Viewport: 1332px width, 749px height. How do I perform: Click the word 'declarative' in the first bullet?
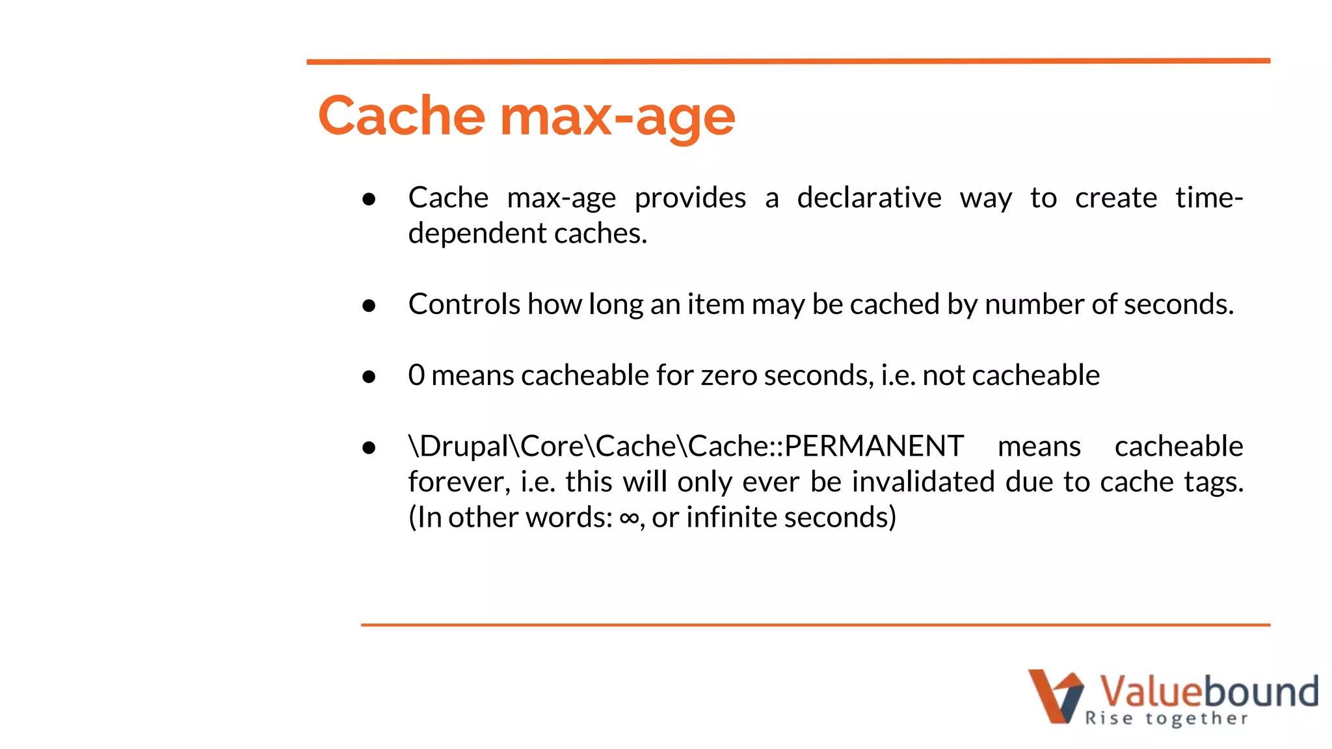click(869, 198)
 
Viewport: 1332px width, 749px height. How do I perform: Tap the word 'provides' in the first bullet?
click(690, 198)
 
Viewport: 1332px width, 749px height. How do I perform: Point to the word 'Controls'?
click(464, 304)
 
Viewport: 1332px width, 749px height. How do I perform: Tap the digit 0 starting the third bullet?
click(416, 375)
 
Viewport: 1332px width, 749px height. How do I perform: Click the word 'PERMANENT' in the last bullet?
click(873, 446)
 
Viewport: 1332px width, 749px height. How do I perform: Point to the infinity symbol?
click(628, 518)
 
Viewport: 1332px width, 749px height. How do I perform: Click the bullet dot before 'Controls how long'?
click(369, 305)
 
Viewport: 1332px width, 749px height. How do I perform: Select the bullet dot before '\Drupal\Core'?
click(369, 447)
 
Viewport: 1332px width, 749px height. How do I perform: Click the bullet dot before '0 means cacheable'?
click(369, 376)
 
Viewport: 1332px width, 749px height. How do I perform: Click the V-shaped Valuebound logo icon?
click(1056, 695)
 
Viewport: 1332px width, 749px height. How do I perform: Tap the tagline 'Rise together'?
click(1166, 718)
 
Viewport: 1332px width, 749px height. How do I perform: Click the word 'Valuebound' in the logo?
click(1208, 690)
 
